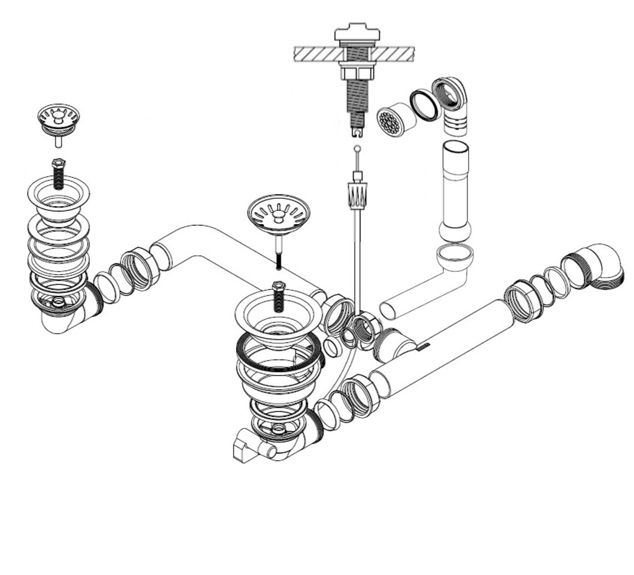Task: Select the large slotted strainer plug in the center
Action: tap(279, 213)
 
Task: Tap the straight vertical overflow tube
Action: tap(456, 186)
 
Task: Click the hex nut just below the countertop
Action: tap(358, 74)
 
